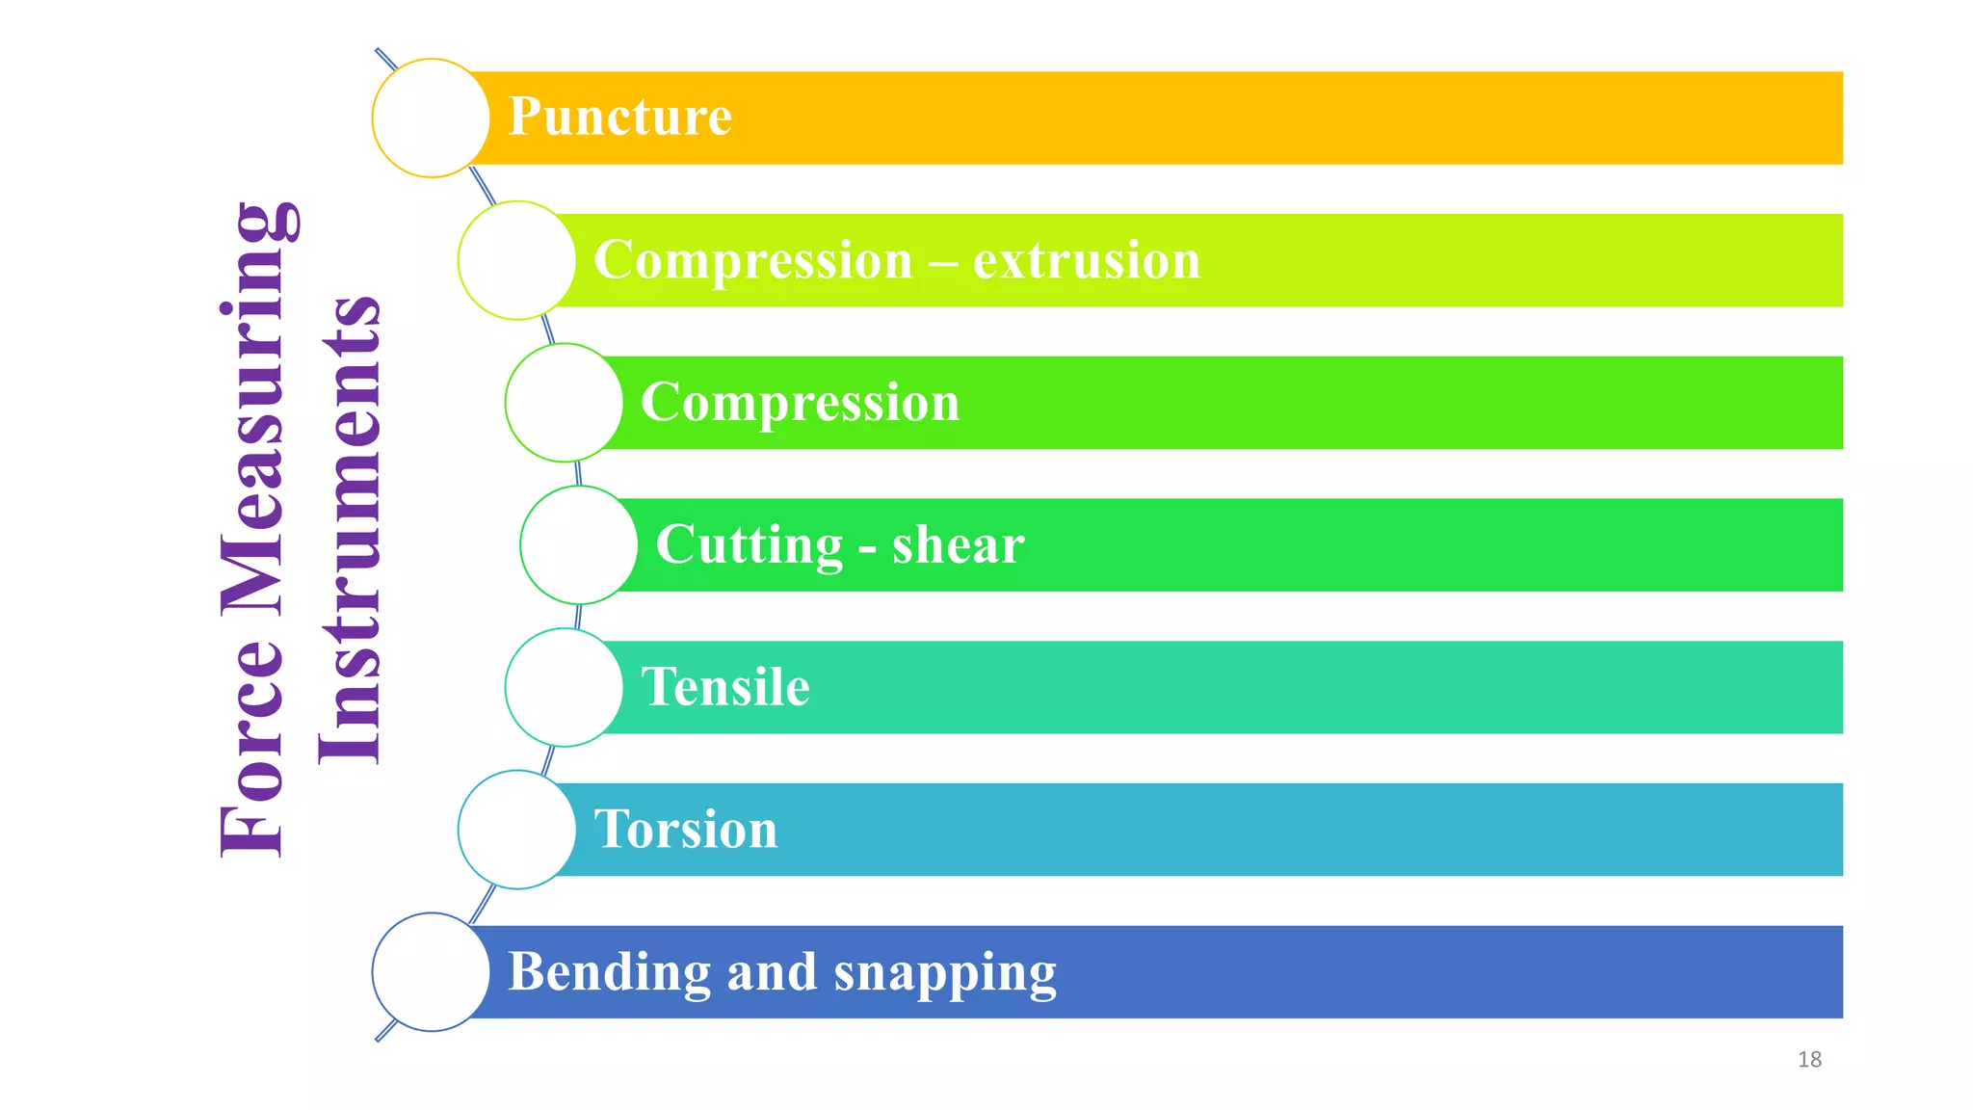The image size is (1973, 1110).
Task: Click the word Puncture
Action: click(619, 117)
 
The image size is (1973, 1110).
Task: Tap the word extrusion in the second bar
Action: click(1087, 260)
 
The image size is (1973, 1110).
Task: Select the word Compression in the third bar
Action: click(800, 402)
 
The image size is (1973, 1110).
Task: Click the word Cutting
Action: click(749, 545)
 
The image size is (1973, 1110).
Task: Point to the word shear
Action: click(958, 545)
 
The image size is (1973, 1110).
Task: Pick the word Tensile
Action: click(724, 687)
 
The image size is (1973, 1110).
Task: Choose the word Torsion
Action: click(685, 830)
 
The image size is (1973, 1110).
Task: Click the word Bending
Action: click(609, 972)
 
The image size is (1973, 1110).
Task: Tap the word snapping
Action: click(944, 973)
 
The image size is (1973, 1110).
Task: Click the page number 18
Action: click(1809, 1060)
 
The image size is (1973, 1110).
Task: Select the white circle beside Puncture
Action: click(431, 118)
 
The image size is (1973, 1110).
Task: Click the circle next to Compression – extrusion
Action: click(517, 260)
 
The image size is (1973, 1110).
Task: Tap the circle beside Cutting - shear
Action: click(578, 545)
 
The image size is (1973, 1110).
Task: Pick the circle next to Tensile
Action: click(564, 687)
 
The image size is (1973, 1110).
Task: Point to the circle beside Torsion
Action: click(517, 830)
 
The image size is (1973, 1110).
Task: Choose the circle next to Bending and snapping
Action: click(431, 972)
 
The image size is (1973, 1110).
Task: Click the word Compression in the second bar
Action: click(752, 260)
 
